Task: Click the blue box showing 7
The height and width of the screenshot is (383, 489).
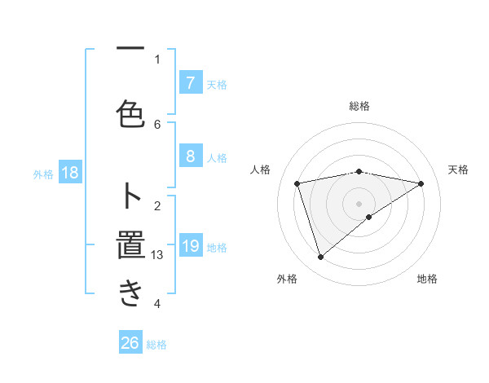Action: tap(190, 82)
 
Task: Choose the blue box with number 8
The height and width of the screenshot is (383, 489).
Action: tap(190, 156)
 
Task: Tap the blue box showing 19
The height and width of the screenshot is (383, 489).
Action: tap(190, 246)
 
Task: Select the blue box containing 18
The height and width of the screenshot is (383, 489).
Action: tap(70, 173)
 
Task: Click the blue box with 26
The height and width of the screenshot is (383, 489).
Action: tap(130, 343)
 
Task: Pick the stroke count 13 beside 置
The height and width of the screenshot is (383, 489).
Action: tap(157, 255)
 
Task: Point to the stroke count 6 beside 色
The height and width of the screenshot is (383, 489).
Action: tap(157, 124)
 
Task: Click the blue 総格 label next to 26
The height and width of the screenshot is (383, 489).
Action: tap(156, 345)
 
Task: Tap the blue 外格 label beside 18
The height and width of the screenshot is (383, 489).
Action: tap(43, 174)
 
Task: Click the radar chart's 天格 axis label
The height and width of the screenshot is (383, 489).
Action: tap(458, 169)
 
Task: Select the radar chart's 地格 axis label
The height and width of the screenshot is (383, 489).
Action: tap(427, 279)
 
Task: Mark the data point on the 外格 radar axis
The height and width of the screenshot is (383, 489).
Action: tap(320, 258)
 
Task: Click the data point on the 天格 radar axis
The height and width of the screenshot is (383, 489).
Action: tap(421, 183)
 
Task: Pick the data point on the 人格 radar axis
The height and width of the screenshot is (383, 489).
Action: tap(297, 183)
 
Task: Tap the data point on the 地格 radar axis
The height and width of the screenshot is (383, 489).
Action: tap(369, 217)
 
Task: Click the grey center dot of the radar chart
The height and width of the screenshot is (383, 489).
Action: tap(359, 203)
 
